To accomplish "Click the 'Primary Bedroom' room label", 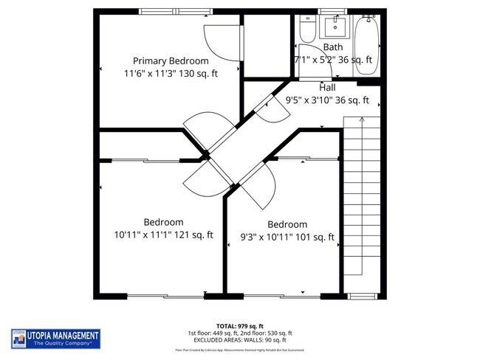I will click(x=171, y=60).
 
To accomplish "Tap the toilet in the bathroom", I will click(x=307, y=30).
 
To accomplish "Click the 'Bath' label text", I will click(x=333, y=47).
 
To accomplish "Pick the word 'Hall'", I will click(x=327, y=87).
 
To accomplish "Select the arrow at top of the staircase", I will click(x=362, y=118).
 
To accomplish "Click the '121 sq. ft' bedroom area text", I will click(x=191, y=235).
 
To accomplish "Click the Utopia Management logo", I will click(x=56, y=339).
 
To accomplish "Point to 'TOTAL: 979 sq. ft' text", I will click(x=240, y=325).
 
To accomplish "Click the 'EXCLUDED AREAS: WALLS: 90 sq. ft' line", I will click(x=240, y=340).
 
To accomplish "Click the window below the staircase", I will click(x=362, y=296).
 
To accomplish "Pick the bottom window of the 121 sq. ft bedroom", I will click(x=165, y=296).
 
